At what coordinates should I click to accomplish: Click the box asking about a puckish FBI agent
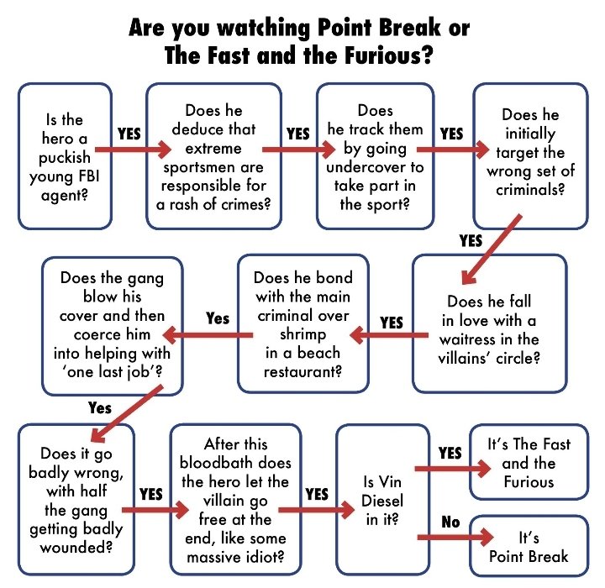tap(65, 155)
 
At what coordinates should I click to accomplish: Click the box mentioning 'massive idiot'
tap(224, 500)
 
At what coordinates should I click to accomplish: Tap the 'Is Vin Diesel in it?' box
tap(375, 500)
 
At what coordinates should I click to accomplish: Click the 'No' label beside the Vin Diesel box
tap(450, 522)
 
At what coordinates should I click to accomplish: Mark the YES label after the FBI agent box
tap(129, 134)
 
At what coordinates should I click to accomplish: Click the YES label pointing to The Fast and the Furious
tap(450, 454)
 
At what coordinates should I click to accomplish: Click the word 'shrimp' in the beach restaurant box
tap(302, 334)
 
